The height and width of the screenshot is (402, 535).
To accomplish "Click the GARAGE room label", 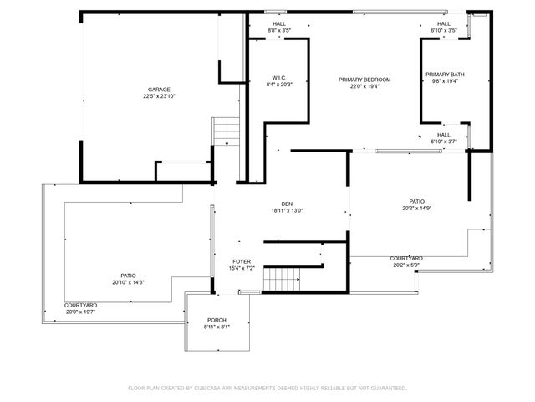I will (x=159, y=90).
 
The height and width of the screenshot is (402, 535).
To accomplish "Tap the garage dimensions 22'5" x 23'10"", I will (x=159, y=96).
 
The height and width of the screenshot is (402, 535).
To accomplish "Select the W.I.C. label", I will (x=279, y=77).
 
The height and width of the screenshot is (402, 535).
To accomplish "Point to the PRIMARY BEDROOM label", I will (x=364, y=80).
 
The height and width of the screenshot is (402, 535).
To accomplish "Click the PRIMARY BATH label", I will (x=445, y=75).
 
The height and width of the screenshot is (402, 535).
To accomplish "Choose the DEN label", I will (x=287, y=204).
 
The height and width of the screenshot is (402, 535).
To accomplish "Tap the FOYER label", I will (x=242, y=262).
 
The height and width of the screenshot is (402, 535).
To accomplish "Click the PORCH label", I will (x=217, y=321).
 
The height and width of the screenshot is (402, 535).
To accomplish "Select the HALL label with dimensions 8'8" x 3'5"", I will (x=279, y=23).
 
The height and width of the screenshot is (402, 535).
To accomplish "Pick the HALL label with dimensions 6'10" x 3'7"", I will (x=444, y=135).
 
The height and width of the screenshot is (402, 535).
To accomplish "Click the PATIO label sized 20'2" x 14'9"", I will (x=417, y=202).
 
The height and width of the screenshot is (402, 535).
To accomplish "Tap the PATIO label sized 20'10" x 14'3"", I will (x=128, y=276).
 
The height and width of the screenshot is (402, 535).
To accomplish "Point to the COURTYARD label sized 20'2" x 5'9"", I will (x=406, y=259).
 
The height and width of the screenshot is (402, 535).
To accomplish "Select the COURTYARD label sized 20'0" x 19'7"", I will (x=81, y=305).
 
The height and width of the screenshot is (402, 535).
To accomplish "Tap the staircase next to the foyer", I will (x=282, y=277).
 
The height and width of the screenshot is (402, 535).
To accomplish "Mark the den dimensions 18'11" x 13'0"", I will (x=287, y=210).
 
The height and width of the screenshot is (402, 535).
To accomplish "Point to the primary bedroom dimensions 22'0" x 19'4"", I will (x=364, y=86).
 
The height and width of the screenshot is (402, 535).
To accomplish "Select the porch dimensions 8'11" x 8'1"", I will (x=217, y=327).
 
